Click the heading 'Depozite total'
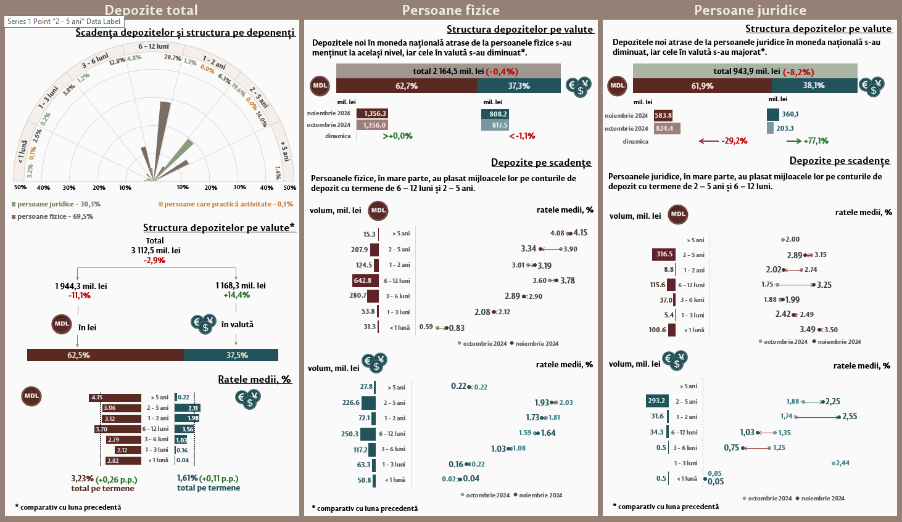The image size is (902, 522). (151, 10)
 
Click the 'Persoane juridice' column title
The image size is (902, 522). (750, 10)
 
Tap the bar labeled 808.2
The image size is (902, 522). (495, 114)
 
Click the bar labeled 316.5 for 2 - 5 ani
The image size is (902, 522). (664, 254)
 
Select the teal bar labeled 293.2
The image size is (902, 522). (656, 401)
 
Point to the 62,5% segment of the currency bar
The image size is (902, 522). (105, 355)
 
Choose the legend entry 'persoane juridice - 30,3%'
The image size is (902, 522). (56, 204)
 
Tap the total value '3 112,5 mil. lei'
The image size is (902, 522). (155, 250)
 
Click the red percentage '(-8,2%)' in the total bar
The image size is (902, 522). (798, 71)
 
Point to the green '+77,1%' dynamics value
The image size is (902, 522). (816, 141)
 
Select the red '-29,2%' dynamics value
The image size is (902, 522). (734, 141)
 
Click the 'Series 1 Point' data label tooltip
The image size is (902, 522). (64, 22)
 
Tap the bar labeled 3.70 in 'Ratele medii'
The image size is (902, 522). (118, 429)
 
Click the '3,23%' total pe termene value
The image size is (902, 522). (82, 478)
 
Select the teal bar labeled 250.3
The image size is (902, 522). (368, 434)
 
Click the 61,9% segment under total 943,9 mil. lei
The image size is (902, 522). (702, 86)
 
